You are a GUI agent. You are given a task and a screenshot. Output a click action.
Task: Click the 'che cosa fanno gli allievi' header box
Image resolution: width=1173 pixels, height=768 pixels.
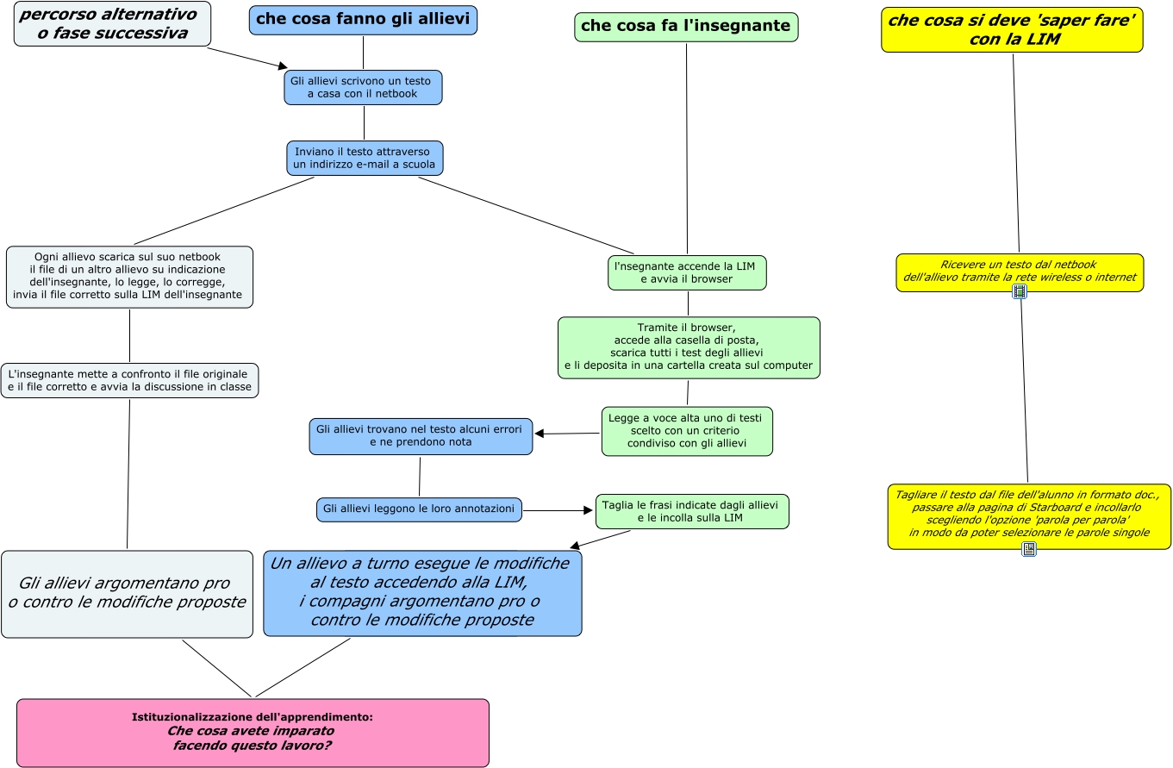[363, 20]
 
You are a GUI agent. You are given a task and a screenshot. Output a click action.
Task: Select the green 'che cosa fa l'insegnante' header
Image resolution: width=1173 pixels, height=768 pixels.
[686, 27]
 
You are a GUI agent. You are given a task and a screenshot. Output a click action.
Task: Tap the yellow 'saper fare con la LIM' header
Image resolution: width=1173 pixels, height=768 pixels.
[1012, 30]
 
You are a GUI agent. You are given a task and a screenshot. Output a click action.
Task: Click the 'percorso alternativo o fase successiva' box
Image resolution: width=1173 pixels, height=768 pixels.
[112, 23]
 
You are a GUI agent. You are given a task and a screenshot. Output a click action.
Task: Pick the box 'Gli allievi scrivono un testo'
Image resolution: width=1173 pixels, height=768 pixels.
[363, 87]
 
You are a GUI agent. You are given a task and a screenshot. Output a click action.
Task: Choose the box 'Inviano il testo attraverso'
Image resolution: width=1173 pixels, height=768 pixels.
[365, 158]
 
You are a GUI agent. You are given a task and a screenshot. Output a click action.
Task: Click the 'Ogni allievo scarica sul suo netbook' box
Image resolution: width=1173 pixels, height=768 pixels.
[129, 277]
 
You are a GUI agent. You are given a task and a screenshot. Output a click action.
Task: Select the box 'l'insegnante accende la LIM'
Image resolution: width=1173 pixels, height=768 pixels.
[687, 272]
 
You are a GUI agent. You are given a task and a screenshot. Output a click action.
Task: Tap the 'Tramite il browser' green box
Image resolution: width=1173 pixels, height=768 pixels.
[689, 347]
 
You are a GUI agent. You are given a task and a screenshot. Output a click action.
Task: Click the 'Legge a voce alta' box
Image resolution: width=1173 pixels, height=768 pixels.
[687, 431]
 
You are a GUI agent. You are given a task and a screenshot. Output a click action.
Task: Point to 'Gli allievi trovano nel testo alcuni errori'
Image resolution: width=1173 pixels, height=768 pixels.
[421, 436]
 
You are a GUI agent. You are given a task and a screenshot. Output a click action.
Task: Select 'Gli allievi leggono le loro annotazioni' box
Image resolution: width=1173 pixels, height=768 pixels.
[419, 509]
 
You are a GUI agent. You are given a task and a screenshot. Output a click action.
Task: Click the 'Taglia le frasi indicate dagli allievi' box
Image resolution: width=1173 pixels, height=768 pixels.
[692, 511]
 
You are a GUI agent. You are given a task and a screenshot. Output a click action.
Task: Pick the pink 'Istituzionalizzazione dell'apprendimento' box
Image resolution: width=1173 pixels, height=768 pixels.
[253, 733]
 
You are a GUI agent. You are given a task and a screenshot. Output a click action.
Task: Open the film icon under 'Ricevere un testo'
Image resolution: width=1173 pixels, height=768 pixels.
[1019, 291]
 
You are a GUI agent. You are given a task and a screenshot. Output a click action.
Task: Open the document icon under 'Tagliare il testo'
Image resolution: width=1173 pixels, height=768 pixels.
[1029, 548]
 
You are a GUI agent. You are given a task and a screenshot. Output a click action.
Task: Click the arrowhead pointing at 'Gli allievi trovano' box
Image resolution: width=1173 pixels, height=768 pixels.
[540, 434]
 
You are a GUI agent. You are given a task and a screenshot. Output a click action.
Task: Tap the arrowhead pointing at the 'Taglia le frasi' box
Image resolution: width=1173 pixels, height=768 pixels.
[588, 510]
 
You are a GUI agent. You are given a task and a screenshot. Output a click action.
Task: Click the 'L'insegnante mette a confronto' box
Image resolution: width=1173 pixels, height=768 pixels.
[129, 380]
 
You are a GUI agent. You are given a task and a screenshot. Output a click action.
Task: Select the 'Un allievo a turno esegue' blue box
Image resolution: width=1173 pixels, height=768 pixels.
[422, 593]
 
